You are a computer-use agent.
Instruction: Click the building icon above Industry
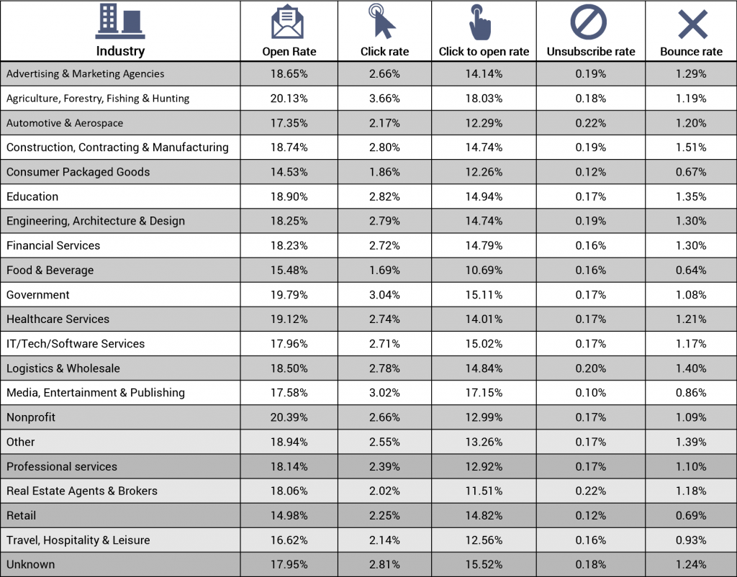(x=120, y=22)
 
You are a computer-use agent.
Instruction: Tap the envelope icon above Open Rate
(x=287, y=22)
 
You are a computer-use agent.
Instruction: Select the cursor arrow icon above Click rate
(x=382, y=21)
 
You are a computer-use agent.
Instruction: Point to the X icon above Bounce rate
(x=693, y=24)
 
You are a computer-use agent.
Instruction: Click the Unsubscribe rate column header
(x=591, y=52)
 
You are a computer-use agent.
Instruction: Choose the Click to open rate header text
(x=484, y=52)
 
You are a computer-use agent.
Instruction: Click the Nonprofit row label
(x=31, y=417)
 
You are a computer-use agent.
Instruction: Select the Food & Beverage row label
(x=50, y=271)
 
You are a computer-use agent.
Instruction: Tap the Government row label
(x=37, y=294)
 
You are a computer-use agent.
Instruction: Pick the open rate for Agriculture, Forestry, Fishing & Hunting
(x=289, y=98)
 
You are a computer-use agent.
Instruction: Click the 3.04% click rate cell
(x=384, y=294)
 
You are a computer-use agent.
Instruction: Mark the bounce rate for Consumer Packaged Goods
(x=691, y=172)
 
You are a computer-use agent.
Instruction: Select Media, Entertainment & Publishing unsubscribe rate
(x=591, y=393)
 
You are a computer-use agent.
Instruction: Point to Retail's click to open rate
(x=484, y=515)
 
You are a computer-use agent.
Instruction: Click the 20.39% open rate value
(x=289, y=417)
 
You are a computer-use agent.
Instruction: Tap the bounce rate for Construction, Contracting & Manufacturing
(x=691, y=147)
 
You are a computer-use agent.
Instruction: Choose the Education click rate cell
(x=384, y=196)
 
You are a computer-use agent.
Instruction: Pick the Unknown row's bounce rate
(x=691, y=564)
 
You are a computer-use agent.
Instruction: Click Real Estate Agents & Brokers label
(x=82, y=491)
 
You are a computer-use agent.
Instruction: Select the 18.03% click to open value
(x=484, y=98)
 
